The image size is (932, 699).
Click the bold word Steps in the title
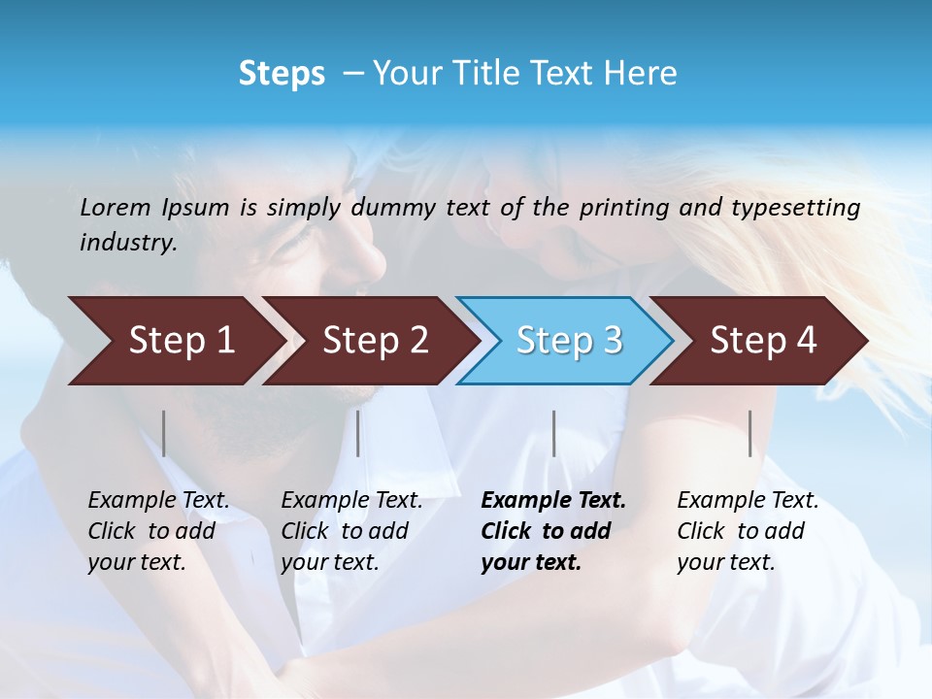click(282, 74)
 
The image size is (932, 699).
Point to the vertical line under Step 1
click(164, 433)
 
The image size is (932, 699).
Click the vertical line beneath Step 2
click(358, 433)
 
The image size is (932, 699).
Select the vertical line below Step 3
click(553, 433)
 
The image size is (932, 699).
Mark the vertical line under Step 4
click(749, 433)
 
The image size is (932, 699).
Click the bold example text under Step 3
click(553, 531)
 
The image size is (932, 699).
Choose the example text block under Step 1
click(158, 531)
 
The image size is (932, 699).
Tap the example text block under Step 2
click(351, 531)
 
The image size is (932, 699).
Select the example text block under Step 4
click(748, 531)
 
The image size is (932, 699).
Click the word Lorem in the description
click(116, 207)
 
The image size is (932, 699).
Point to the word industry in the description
click(128, 243)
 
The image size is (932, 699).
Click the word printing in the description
click(621, 207)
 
